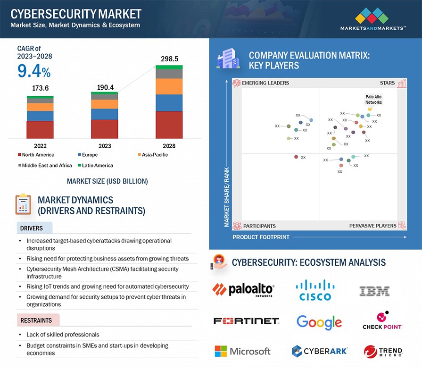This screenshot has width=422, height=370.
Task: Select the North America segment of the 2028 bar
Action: coord(169,125)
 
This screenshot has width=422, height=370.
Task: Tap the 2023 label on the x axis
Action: coord(104,146)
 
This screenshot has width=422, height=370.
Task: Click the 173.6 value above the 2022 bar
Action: coord(41,88)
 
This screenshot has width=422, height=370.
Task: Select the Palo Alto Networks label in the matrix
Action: coord(373,99)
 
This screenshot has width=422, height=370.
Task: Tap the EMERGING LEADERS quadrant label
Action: coord(265,83)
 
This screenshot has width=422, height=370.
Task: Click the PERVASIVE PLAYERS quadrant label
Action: coord(372,226)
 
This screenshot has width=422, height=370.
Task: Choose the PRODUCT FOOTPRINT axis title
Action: coord(261,237)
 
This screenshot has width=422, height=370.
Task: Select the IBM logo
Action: coord(374,291)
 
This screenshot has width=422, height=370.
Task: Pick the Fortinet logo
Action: coord(246,321)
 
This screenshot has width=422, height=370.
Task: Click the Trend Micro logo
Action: coord(383,352)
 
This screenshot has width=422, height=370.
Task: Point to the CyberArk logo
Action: coord(319,351)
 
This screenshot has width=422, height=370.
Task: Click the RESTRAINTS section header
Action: coord(36,320)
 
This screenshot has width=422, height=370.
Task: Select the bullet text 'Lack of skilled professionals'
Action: coord(63,335)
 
